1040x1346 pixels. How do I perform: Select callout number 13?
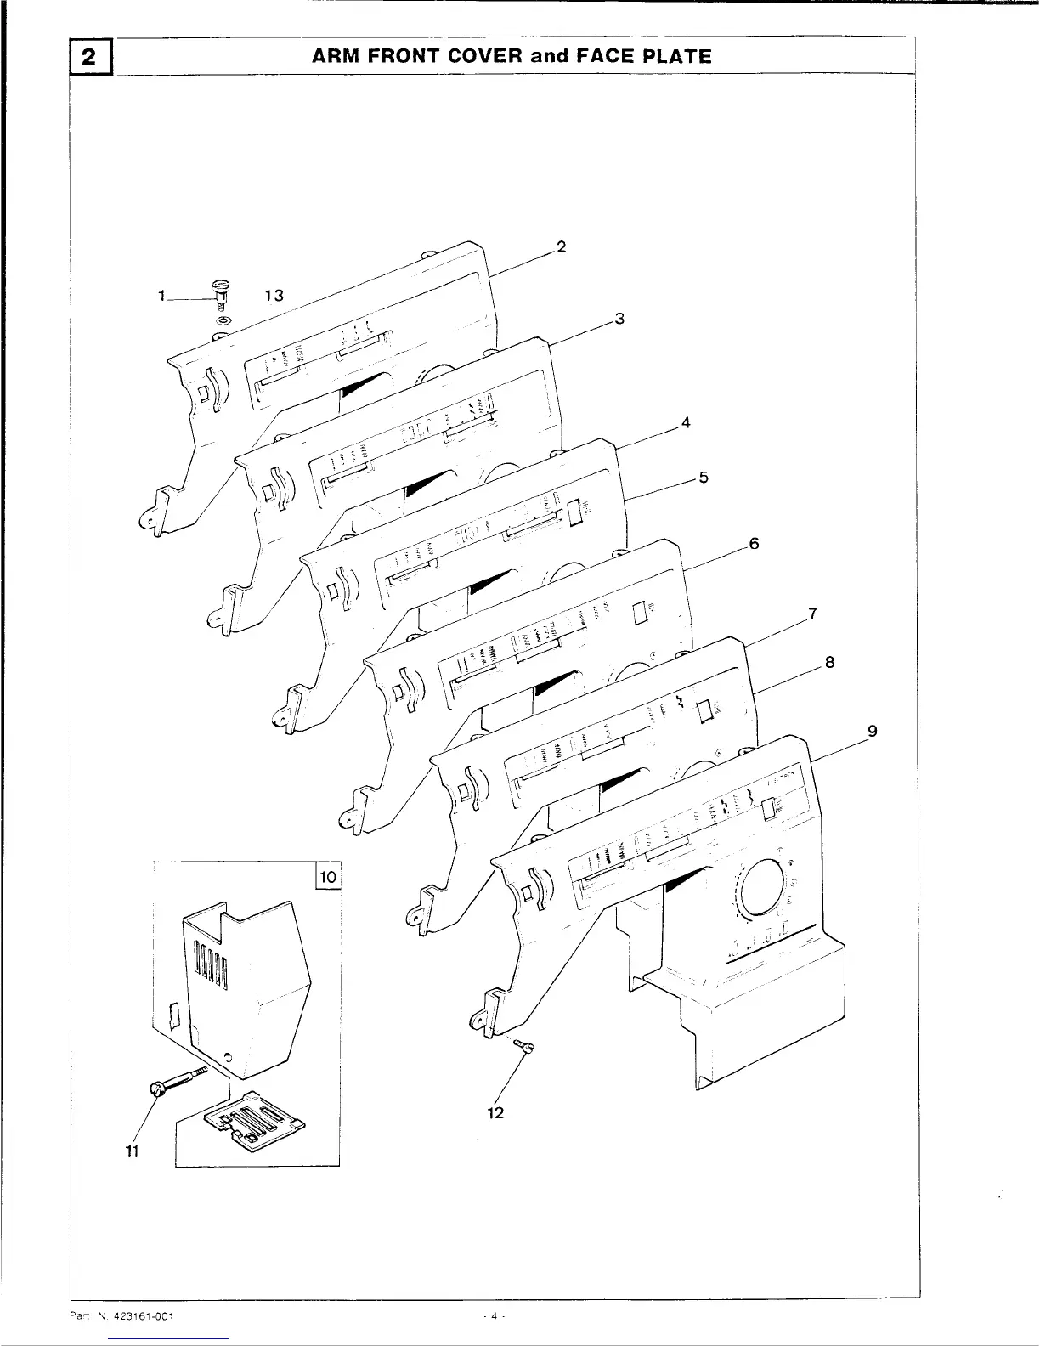273,296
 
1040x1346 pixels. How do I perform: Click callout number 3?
619,319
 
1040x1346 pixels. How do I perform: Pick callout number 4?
685,422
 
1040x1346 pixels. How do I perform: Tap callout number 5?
704,477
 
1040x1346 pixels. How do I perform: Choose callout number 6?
753,544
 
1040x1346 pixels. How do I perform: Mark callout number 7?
812,613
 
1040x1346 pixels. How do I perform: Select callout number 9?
872,730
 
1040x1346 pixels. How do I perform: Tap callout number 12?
496,1112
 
